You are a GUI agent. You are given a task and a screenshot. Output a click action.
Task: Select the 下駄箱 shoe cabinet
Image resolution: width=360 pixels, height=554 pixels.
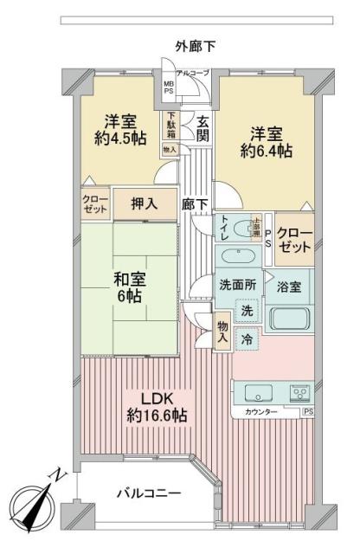click(x=170, y=125)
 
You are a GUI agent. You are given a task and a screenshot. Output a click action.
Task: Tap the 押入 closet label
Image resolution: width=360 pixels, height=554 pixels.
click(x=143, y=203)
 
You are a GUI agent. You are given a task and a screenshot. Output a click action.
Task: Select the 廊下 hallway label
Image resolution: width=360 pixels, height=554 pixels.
click(x=194, y=204)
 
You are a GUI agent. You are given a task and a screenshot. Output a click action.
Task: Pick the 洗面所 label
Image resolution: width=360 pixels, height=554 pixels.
click(x=235, y=285)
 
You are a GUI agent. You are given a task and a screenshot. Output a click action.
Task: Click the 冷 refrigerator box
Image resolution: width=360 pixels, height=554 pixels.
click(x=247, y=341)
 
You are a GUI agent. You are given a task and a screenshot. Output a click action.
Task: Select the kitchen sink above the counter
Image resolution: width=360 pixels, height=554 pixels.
click(x=255, y=391)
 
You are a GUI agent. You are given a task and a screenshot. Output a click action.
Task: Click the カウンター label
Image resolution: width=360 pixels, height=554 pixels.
click(x=261, y=412)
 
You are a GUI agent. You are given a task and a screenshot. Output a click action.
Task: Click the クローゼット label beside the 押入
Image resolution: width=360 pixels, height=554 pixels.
click(x=96, y=203)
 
